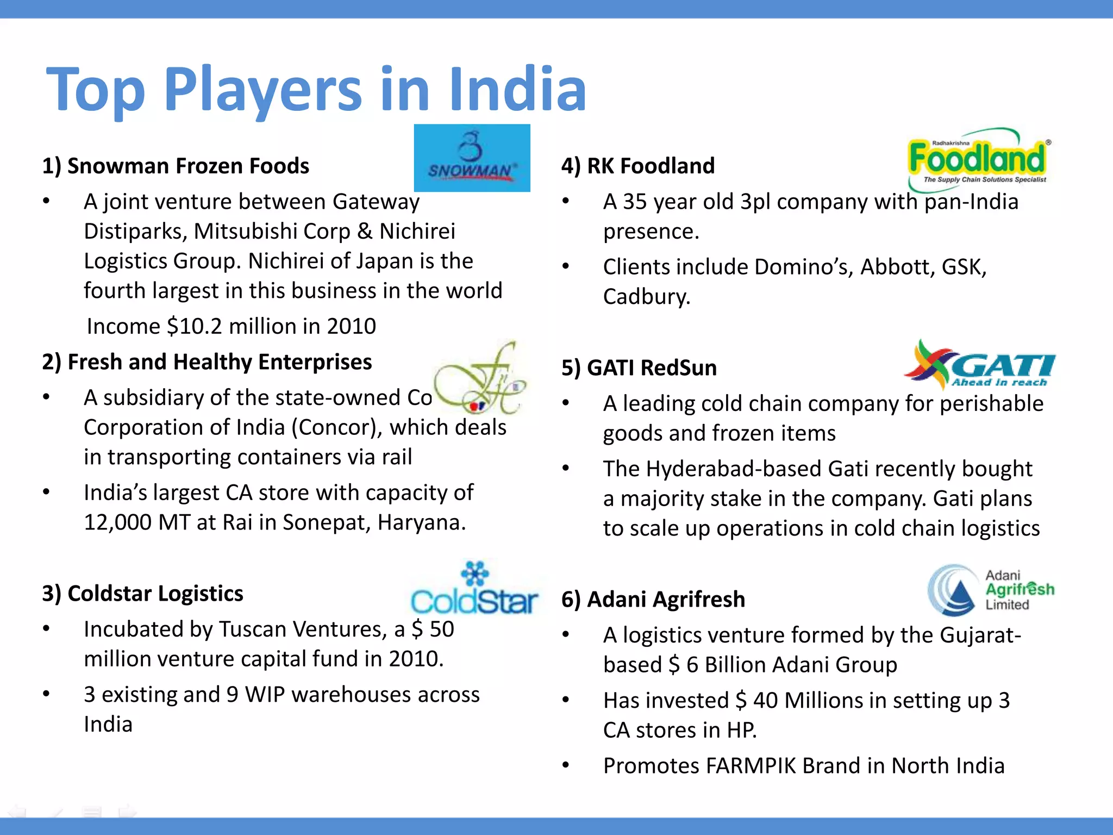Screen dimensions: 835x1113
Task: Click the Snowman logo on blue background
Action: click(x=472, y=158)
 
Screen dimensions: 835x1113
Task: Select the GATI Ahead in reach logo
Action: click(x=980, y=365)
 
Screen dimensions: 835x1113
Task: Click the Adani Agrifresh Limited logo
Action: click(x=991, y=590)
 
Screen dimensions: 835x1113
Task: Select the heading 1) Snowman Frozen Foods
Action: click(x=176, y=166)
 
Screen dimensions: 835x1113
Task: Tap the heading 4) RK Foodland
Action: click(x=637, y=166)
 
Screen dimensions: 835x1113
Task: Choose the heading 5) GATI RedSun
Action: click(x=639, y=367)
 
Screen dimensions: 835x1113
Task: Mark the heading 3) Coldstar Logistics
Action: click(x=142, y=593)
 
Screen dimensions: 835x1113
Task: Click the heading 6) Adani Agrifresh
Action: click(x=653, y=599)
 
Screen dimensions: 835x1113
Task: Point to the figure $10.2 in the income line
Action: click(x=195, y=326)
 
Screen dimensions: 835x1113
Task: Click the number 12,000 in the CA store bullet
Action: click(x=118, y=522)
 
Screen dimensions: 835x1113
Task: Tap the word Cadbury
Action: click(x=646, y=297)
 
